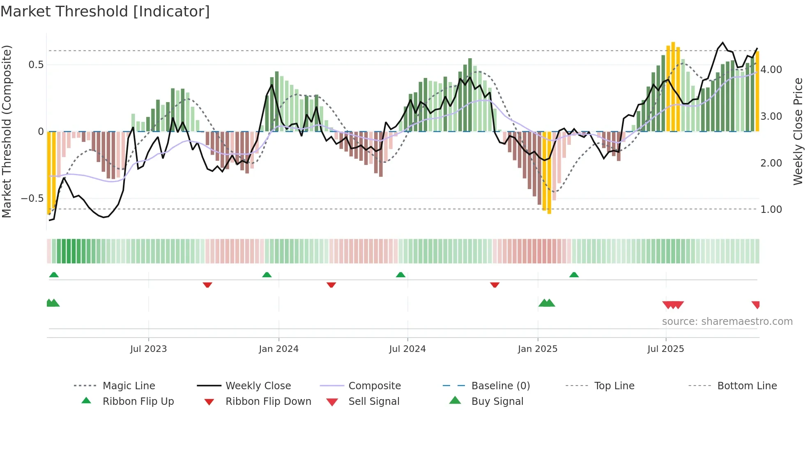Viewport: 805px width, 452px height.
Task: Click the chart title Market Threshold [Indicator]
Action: click(x=105, y=11)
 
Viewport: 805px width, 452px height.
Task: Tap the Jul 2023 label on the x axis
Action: click(x=148, y=349)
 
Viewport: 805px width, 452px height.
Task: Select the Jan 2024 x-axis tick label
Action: click(x=278, y=349)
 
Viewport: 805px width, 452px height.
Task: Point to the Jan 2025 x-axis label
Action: click(x=537, y=349)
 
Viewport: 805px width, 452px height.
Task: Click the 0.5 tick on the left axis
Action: click(x=36, y=65)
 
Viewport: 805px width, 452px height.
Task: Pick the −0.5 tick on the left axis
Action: click(x=32, y=199)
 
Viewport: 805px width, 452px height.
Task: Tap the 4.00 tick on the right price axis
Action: click(x=771, y=70)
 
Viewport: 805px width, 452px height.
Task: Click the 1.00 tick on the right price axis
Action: click(x=771, y=210)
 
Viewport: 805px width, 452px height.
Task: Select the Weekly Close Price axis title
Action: click(x=798, y=131)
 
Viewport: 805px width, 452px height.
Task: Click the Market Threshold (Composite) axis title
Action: click(x=7, y=131)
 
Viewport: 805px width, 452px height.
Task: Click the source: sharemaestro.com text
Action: click(x=727, y=322)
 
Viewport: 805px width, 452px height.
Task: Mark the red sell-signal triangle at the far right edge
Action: click(x=756, y=304)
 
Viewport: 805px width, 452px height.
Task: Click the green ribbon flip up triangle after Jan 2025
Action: click(x=574, y=275)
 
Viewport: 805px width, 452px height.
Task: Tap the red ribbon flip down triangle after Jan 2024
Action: click(x=331, y=285)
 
